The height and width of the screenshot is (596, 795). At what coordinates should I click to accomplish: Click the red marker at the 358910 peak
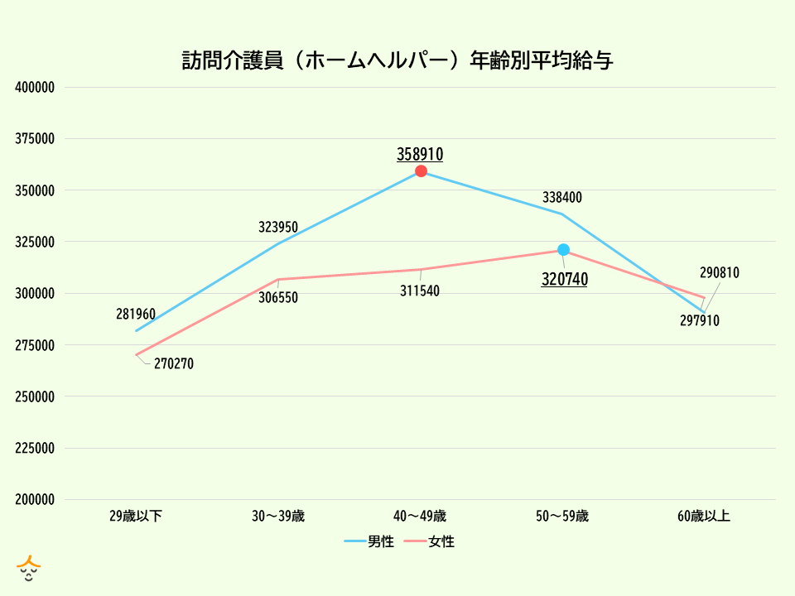pos(421,171)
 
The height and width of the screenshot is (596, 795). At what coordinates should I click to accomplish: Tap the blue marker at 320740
pos(563,250)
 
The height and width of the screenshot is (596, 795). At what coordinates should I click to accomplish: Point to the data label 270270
pos(174,363)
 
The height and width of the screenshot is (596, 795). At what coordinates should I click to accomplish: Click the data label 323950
pos(278,226)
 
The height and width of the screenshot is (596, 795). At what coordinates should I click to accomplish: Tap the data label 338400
pos(562,198)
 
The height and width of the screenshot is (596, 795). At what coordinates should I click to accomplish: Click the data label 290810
pos(719,272)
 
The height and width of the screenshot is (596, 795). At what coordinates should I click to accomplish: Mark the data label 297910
pos(700,320)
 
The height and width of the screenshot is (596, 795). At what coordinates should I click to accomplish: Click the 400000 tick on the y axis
pos(35,88)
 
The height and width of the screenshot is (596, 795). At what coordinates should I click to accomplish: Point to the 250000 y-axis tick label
pos(35,397)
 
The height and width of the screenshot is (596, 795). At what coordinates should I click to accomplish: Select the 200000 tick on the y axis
pos(35,500)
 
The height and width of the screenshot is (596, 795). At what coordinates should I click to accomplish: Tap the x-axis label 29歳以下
pos(136,517)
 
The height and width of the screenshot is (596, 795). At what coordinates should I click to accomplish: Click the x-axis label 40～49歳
pos(420,517)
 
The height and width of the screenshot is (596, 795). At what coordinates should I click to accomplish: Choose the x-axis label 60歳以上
pos(704,517)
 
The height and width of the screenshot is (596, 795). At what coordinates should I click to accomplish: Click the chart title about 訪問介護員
pos(397,60)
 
